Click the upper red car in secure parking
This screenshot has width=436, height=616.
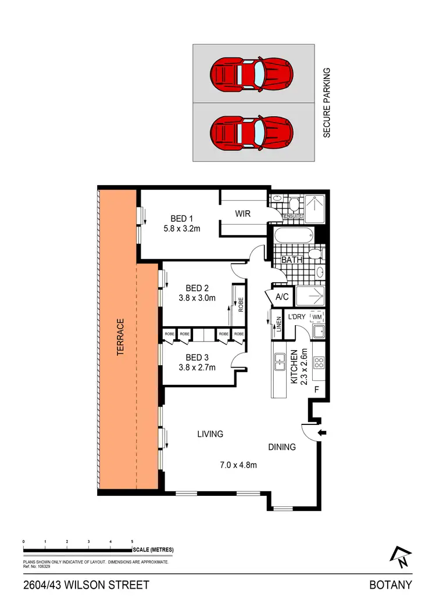[252, 74]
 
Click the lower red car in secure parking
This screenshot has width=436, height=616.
[252, 132]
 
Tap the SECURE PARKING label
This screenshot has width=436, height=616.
[327, 103]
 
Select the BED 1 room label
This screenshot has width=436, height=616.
[181, 218]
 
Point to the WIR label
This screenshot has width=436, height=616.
[242, 214]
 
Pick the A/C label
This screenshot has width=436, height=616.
[283, 297]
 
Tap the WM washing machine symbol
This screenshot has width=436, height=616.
[317, 317]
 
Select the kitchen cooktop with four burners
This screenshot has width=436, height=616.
[319, 363]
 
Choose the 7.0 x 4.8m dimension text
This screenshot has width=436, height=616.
[238, 464]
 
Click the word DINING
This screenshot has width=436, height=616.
[282, 447]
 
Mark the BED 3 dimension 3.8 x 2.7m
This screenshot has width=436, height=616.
[197, 368]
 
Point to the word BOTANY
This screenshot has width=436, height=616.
[391, 585]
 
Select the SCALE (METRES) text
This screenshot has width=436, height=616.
[153, 550]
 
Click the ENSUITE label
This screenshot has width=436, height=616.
[292, 217]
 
